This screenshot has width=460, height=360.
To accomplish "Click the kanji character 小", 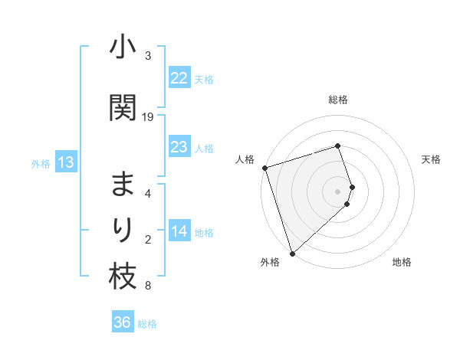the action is tap(123, 49).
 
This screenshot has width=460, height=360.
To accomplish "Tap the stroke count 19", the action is tap(148, 116).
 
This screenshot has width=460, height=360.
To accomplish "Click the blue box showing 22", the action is tap(179, 78).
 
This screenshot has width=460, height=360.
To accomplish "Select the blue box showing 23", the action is tap(179, 147).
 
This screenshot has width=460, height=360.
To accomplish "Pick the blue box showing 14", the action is tap(179, 231).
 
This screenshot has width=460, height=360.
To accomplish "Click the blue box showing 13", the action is tap(65, 162).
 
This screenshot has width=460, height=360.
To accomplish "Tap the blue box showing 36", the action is tap(122, 322).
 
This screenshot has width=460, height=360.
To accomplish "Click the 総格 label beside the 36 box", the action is tap(147, 324).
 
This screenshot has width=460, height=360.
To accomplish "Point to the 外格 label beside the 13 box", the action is tap(41, 163).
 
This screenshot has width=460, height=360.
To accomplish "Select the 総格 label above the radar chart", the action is tap(337, 100).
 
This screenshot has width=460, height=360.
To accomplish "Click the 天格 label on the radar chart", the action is tap(431, 159).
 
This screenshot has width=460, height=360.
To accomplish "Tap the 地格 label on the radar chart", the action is tap(402, 262).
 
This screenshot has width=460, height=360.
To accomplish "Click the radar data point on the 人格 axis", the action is tap(264, 168).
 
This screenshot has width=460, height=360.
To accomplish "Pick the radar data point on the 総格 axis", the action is tap(337, 146).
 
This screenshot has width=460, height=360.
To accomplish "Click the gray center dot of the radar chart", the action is tap(337, 191).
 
